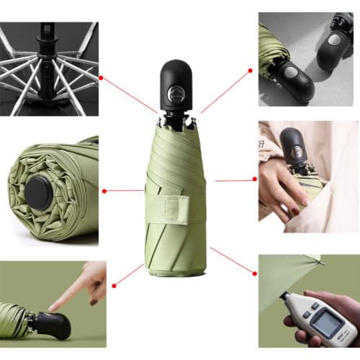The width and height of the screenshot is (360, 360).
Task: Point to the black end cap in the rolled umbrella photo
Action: pos(38,192)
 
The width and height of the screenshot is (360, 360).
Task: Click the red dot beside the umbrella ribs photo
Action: pos(101,77)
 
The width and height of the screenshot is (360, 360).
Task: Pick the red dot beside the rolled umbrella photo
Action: pos(105,191)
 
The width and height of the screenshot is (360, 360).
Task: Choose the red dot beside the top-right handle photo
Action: pos(251,71)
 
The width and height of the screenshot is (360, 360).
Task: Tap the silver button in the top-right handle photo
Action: pos(292,73)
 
